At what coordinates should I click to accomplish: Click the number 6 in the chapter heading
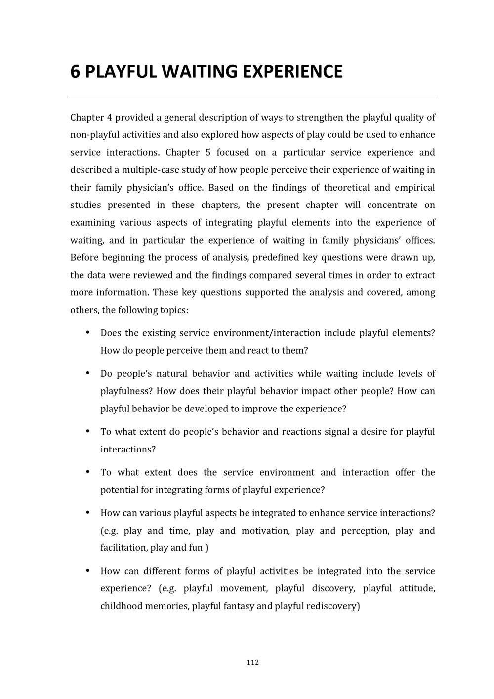pyautogui.click(x=75, y=72)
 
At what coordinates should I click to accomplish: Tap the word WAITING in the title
pyautogui.click(x=199, y=72)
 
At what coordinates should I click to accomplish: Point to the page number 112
pyautogui.click(x=252, y=662)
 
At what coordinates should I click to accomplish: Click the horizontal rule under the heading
pyautogui.click(x=252, y=96)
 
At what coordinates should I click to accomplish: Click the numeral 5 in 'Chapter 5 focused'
pyautogui.click(x=208, y=153)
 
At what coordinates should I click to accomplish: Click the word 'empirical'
pyautogui.click(x=414, y=188)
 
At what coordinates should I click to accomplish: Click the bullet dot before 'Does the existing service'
pyautogui.click(x=87, y=332)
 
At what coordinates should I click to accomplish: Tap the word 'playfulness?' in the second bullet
pyautogui.click(x=126, y=391)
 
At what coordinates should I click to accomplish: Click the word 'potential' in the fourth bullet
pyautogui.click(x=119, y=490)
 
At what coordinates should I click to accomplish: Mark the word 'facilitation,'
pyautogui.click(x=123, y=548)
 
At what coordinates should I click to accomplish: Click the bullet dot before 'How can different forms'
pyautogui.click(x=87, y=571)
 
